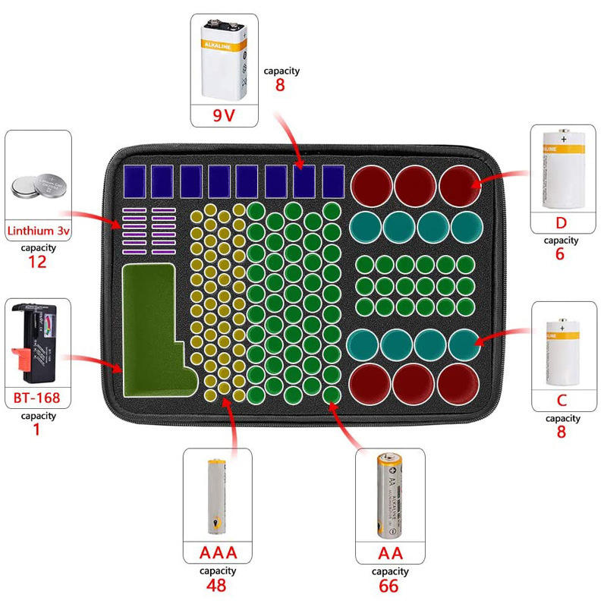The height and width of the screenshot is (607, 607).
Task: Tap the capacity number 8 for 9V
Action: (280, 85)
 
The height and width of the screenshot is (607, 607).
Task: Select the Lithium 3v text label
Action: (38, 230)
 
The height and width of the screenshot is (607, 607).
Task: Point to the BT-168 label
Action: (37, 398)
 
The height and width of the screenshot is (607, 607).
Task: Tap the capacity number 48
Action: (216, 585)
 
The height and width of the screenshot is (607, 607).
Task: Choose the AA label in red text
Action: (391, 552)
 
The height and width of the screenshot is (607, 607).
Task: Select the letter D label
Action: (561, 223)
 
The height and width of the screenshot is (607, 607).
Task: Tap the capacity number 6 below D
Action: (561, 254)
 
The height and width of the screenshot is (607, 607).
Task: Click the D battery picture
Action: (561, 168)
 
